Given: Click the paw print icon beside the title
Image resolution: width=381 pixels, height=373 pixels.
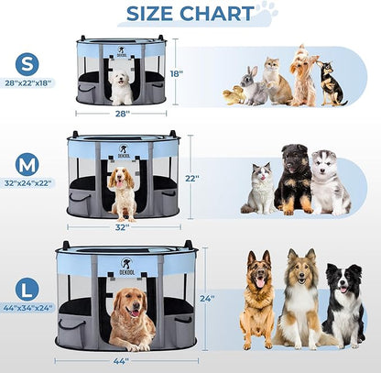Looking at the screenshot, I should (x=266, y=13).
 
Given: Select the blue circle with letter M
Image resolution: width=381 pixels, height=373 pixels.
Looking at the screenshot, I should (x=27, y=164).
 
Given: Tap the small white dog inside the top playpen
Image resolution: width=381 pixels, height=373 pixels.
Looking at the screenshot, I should (x=121, y=88).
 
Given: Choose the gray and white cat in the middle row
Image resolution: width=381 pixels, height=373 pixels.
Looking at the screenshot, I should (x=259, y=189).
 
